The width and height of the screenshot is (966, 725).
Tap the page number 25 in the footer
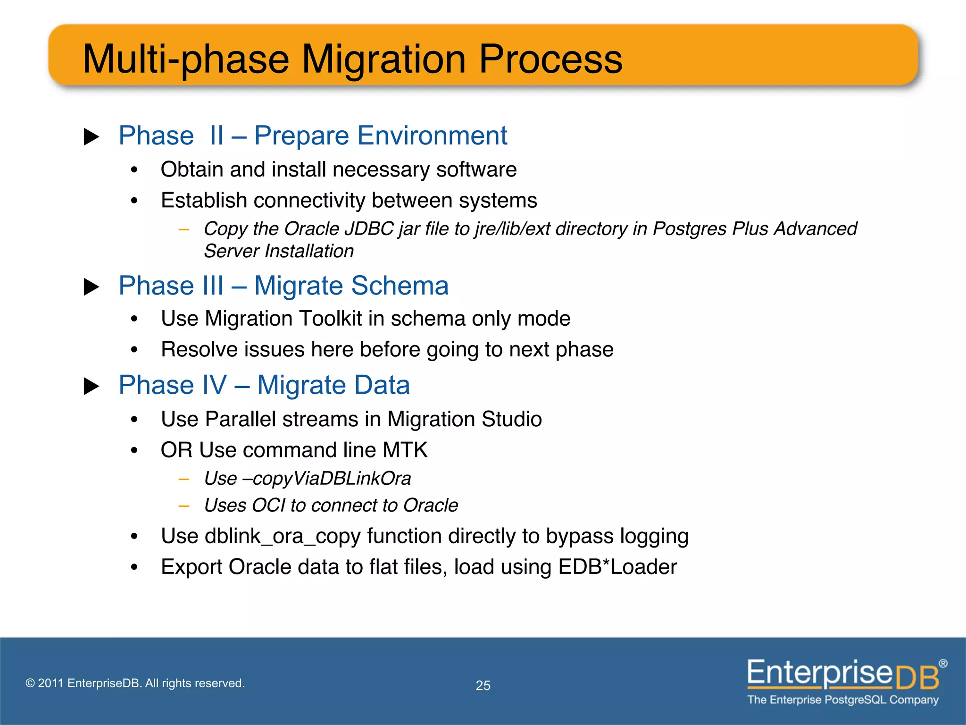483,685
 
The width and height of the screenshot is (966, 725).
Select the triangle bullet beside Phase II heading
91,137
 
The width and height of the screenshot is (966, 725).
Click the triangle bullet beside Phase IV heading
91,386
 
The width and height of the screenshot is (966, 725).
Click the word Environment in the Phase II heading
432,136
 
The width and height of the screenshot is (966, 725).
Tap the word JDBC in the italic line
369,229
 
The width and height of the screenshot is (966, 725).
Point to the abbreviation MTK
405,450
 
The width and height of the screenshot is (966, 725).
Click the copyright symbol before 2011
30,683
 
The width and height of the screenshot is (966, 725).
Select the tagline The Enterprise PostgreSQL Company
843,700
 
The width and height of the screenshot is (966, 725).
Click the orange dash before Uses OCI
184,506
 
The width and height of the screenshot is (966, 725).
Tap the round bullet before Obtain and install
134,170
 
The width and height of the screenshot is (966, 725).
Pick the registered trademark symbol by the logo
942,664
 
